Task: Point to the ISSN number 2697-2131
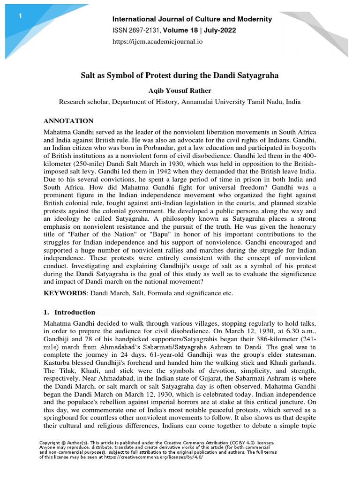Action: click(x=142, y=30)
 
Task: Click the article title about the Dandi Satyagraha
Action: click(x=180, y=75)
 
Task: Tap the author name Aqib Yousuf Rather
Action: click(x=180, y=91)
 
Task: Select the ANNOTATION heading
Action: click(x=68, y=121)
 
